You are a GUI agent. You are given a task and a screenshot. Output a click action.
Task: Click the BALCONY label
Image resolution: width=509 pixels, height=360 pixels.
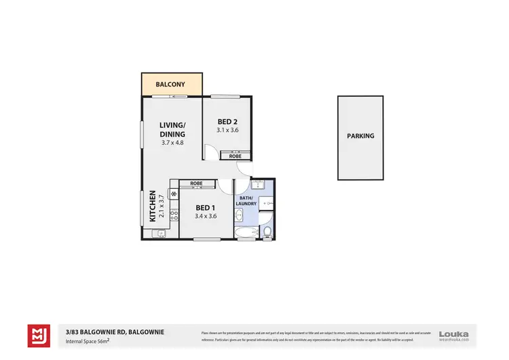[172, 85]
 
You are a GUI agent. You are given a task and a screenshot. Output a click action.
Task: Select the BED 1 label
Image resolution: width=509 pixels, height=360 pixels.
[206, 208]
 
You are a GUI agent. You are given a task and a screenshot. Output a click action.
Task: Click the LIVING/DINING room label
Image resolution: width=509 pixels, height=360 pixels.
[172, 130]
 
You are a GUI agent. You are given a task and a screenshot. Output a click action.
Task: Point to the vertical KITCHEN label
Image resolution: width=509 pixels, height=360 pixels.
[153, 206]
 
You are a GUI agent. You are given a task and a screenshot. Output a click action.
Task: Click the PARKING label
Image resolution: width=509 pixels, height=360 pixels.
[360, 136]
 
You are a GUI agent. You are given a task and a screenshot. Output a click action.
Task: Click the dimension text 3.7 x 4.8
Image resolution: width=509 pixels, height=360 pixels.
[172, 143]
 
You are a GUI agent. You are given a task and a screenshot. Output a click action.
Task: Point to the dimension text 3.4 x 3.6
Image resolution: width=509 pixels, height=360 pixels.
[206, 216]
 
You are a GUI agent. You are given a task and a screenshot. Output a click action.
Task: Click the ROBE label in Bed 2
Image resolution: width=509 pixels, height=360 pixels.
[235, 156]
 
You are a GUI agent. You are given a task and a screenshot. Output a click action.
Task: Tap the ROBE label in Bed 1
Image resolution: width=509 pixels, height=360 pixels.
[196, 183]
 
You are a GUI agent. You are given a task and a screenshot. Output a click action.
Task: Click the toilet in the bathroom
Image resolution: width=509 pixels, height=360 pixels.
[267, 233]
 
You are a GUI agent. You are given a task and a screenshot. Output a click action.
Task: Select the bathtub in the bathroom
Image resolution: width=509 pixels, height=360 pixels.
[243, 234]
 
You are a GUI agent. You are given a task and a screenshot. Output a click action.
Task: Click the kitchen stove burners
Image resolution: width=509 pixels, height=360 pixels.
[174, 215]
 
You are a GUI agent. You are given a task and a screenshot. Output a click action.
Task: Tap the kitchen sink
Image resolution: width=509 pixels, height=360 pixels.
[161, 234]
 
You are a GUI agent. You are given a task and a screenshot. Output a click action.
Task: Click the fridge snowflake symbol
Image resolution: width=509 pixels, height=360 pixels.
[174, 194]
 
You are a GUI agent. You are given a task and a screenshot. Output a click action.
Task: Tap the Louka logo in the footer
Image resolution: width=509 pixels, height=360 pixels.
[454, 334]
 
